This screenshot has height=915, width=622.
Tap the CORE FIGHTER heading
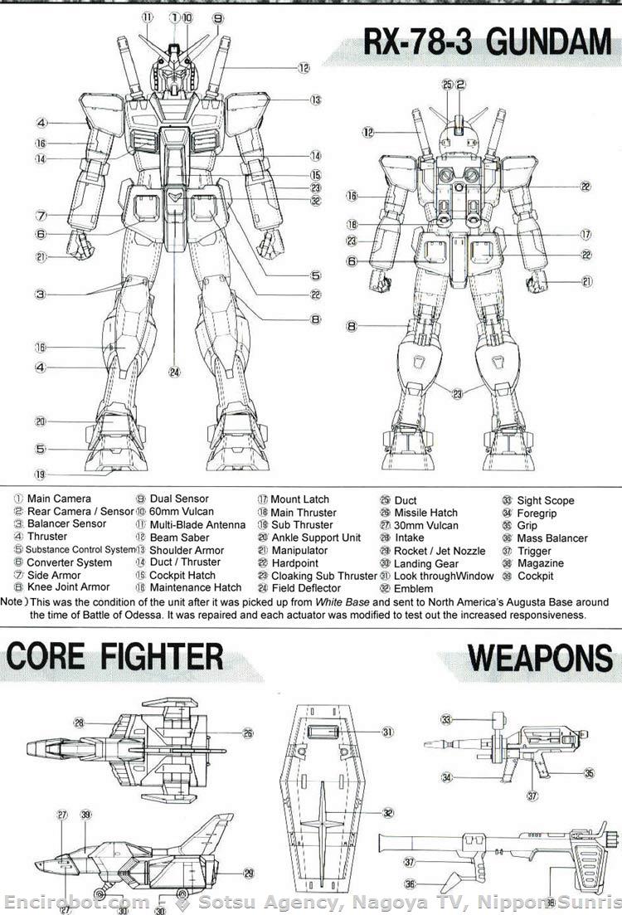click(x=115, y=656)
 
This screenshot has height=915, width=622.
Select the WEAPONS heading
click(x=540, y=658)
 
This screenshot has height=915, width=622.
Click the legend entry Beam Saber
click(x=174, y=538)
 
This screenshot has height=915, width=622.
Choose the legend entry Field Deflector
click(x=306, y=588)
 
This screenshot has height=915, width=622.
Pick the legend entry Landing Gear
click(x=425, y=563)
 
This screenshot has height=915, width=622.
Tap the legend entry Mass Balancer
click(x=552, y=538)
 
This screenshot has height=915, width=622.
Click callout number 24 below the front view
click(x=174, y=372)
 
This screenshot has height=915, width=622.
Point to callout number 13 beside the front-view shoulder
click(x=316, y=100)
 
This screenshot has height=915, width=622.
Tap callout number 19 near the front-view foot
click(x=39, y=475)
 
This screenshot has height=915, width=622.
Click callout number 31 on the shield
click(x=386, y=732)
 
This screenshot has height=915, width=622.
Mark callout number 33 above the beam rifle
click(x=445, y=719)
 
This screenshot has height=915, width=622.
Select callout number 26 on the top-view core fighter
click(x=248, y=733)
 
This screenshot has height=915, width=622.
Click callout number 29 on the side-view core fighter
click(x=248, y=873)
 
